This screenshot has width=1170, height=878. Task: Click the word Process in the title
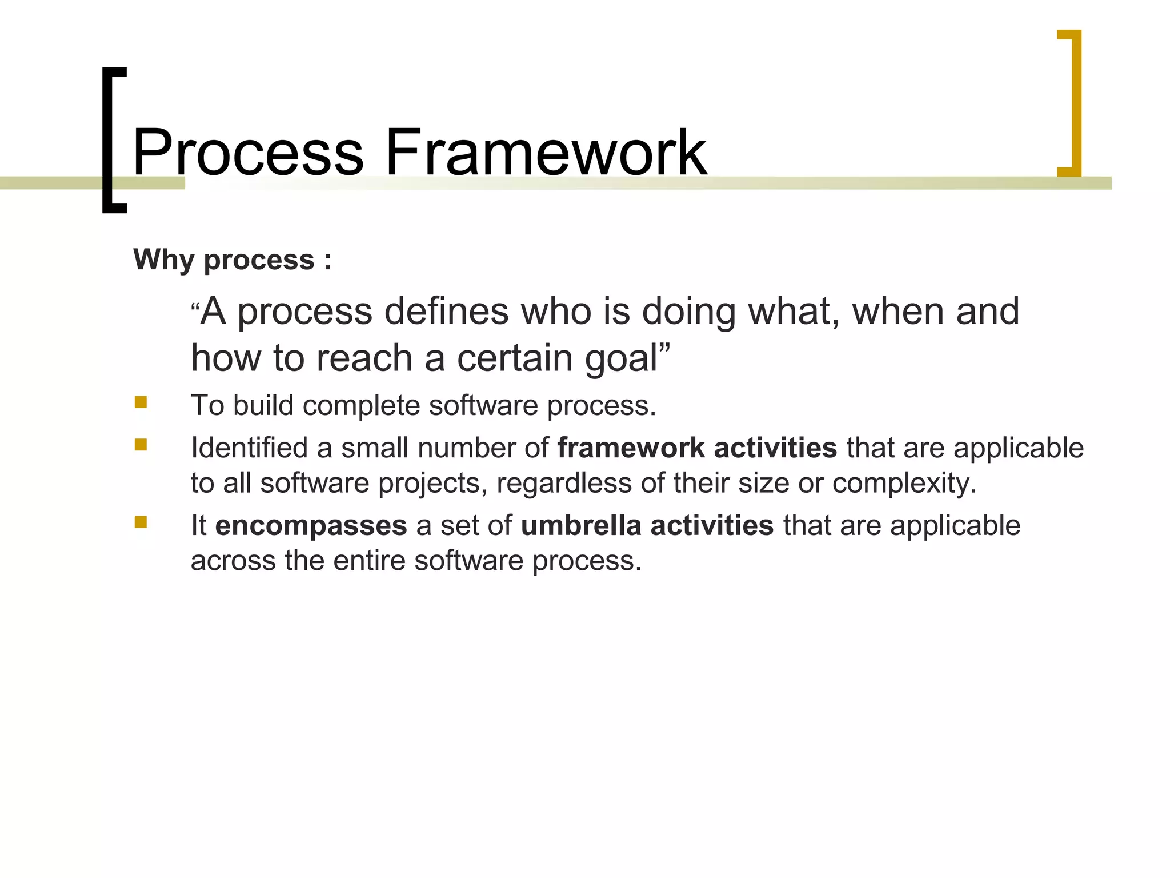(248, 153)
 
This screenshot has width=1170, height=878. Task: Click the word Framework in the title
(546, 153)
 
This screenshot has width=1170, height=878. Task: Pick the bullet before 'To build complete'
(141, 402)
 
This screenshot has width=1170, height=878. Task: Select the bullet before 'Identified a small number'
(141, 445)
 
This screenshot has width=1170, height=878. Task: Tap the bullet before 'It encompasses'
(141, 522)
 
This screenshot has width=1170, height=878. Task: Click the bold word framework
(631, 448)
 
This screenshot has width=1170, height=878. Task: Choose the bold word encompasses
(311, 525)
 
